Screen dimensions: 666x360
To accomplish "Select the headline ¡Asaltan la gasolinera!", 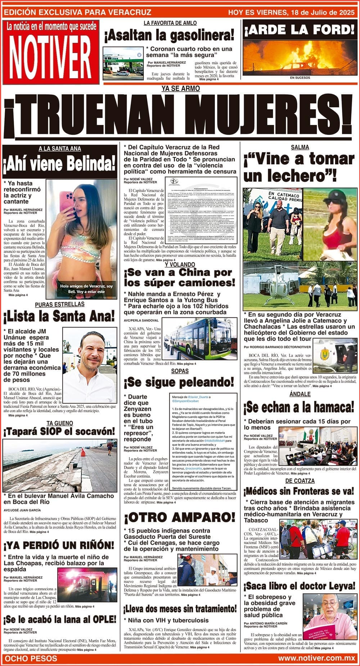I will coord(169,35).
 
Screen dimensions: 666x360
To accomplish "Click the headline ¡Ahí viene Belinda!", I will coord(60,164).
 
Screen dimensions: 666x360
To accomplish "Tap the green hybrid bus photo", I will coord(200,340).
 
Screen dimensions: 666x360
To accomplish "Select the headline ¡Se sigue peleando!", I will coord(179,382).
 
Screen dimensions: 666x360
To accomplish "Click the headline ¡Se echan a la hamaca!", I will coord(299,407).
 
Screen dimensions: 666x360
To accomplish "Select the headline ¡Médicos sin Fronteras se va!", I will coord(299,491).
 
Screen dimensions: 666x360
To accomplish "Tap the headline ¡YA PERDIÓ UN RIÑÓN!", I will coord(59,545).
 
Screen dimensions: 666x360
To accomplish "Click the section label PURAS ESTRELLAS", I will coord(60,304).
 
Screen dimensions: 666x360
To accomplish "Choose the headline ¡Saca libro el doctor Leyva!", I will coord(299,585).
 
